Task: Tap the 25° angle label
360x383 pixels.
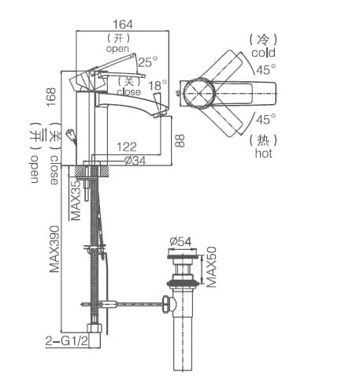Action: tap(147, 61)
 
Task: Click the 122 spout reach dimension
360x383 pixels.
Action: tap(126, 147)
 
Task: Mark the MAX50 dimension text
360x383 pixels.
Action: tap(211, 266)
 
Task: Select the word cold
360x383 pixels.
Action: tap(263, 52)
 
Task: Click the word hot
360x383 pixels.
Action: tap(263, 154)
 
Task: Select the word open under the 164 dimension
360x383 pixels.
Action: tap(117, 48)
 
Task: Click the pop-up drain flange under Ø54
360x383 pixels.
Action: tap(183, 255)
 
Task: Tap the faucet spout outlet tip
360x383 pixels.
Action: tap(164, 114)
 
